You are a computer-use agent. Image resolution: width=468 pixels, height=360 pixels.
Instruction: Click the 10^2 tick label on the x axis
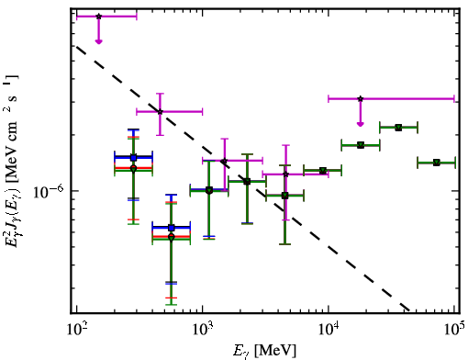pyautogui.click(x=77, y=330)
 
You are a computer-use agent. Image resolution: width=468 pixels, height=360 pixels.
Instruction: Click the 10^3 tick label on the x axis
pyautogui.click(x=203, y=330)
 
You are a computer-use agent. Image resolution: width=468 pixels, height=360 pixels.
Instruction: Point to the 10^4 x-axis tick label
pyautogui.click(x=329, y=330)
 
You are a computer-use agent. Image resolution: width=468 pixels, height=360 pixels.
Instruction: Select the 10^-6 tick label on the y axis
pyautogui.click(x=49, y=192)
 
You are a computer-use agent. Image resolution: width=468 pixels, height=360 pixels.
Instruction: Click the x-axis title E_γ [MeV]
pyautogui.click(x=264, y=351)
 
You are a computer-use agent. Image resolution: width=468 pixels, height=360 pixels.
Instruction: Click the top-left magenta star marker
pyautogui.click(x=98, y=17)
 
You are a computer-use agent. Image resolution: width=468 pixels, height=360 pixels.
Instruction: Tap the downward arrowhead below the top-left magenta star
pyautogui.click(x=98, y=41)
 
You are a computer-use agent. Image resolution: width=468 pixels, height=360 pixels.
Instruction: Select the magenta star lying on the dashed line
pyautogui.click(x=160, y=112)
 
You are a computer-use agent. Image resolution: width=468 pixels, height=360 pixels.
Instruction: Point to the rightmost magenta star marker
pyautogui.click(x=361, y=98)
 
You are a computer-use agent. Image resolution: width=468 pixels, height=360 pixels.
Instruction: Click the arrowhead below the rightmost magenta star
pyautogui.click(x=361, y=124)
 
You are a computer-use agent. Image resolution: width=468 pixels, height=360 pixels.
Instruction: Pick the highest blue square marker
pyautogui.click(x=133, y=158)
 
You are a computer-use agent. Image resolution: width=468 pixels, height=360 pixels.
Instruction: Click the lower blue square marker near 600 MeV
pyautogui.click(x=172, y=228)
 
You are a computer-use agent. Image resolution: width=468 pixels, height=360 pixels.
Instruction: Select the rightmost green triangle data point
pyautogui.click(x=437, y=163)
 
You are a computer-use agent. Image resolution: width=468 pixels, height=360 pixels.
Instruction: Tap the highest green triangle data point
pyautogui.click(x=398, y=128)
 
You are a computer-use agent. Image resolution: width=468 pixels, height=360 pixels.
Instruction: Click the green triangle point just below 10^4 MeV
pyautogui.click(x=323, y=171)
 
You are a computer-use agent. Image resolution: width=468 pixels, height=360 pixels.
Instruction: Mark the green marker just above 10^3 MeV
pyautogui.click(x=209, y=190)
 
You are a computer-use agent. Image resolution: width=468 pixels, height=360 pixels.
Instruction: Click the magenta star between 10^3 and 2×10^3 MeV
pyautogui.click(x=225, y=161)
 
